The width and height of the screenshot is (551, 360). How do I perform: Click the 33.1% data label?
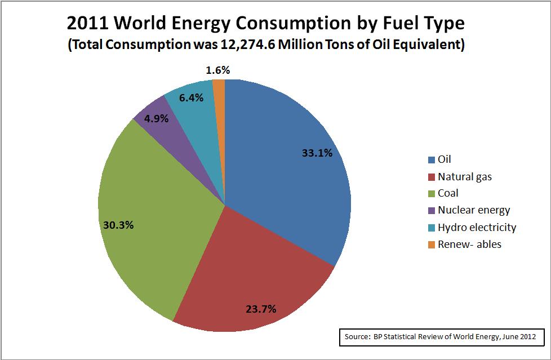click(318, 152)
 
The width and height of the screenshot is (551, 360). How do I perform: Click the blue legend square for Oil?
click(432, 160)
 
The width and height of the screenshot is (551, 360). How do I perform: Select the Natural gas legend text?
click(464, 177)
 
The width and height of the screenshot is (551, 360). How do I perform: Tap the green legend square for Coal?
click(432, 194)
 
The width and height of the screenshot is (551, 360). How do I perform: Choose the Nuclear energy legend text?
click(473, 210)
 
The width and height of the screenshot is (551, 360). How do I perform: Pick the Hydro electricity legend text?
click(477, 227)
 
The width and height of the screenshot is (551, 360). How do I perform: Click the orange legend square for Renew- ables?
click(432, 245)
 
